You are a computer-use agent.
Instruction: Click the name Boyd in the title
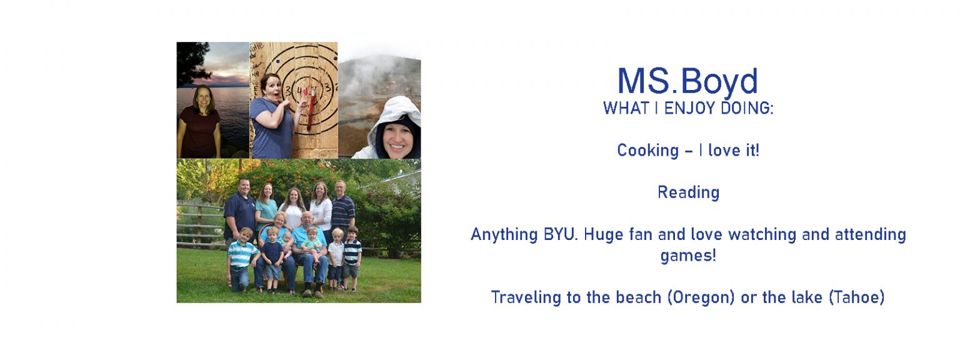(x=719, y=81)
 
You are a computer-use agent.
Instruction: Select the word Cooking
(x=648, y=151)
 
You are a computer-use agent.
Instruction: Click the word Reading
(x=689, y=193)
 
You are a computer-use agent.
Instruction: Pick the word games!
(x=688, y=256)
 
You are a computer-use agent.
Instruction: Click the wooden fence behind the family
(x=200, y=226)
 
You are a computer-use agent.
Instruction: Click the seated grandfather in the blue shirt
(x=310, y=253)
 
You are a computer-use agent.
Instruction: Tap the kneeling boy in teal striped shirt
(x=241, y=259)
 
